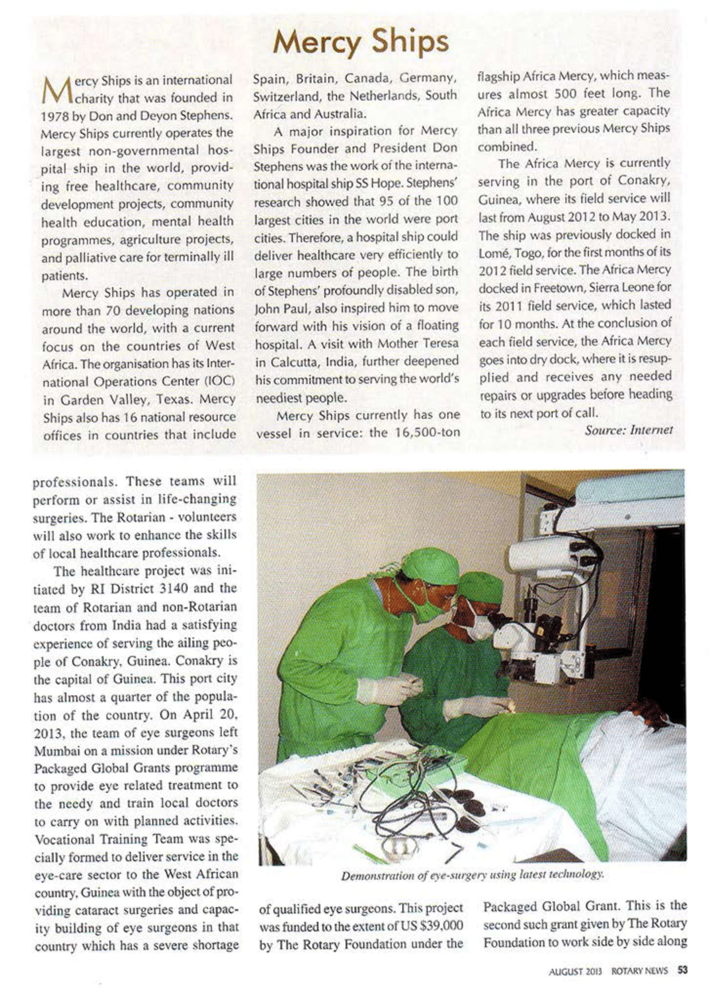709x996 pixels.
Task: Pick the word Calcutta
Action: pos(293,362)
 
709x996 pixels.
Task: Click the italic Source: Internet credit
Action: pos(629,430)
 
